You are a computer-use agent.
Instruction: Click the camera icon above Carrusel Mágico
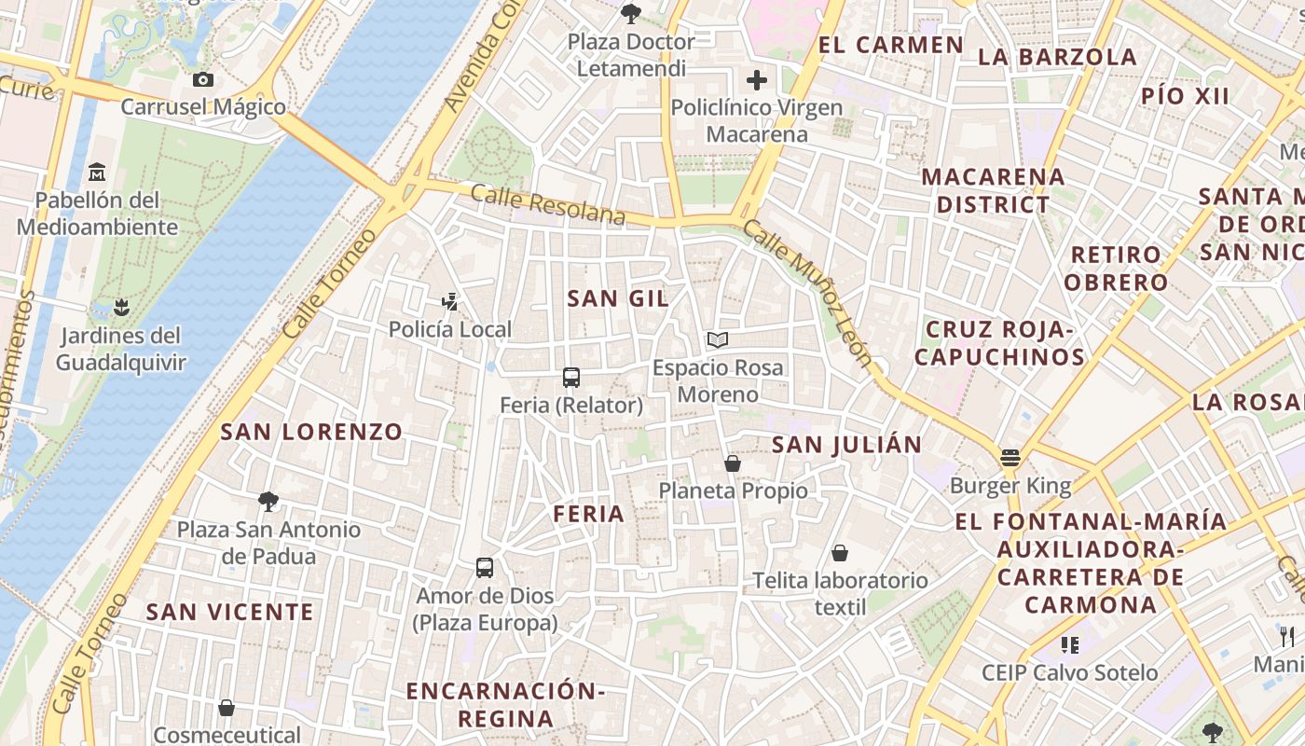point(203,80)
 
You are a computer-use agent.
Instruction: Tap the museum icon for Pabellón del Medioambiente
point(97,173)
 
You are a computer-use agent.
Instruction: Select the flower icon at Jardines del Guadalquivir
point(120,307)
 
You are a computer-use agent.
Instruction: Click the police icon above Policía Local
point(450,301)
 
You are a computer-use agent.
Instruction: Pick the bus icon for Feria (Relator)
point(571,378)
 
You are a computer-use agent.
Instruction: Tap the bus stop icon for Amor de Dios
point(485,567)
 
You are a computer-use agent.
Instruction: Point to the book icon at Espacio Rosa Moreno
point(717,339)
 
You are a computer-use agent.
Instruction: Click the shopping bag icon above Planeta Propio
point(733,463)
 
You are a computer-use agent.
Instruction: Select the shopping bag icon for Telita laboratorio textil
point(840,553)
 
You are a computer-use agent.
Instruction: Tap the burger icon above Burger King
point(1010,458)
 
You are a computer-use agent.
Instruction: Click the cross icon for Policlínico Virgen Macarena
point(757,80)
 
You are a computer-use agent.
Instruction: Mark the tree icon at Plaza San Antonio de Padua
point(268,502)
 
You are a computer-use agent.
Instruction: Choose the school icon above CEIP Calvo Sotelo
point(1069,644)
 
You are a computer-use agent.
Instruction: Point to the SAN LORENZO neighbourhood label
point(311,432)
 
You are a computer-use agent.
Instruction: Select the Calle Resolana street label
point(547,204)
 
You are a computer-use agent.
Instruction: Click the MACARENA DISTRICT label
point(993,190)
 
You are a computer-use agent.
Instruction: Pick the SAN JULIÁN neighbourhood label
point(846,445)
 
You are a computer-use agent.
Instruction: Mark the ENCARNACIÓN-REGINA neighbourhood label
point(506,704)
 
